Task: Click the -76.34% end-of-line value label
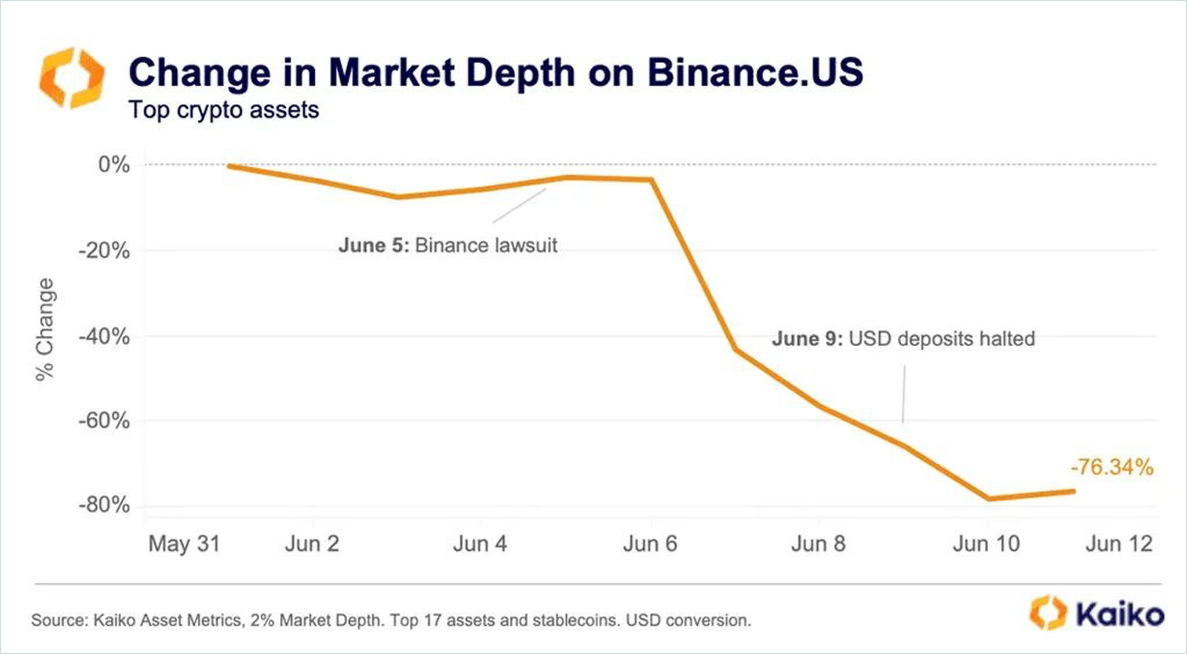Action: click(x=1112, y=467)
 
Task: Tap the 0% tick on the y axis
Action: click(x=114, y=165)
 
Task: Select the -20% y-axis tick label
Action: click(x=105, y=250)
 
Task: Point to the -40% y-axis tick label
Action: click(x=105, y=336)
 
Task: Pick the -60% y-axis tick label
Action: click(x=105, y=420)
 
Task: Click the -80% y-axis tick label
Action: click(x=105, y=505)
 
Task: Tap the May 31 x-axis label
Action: click(x=184, y=544)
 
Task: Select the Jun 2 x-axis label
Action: click(x=312, y=544)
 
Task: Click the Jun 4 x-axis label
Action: click(x=480, y=544)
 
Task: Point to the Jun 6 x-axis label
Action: click(x=650, y=544)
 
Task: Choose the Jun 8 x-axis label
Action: click(x=818, y=544)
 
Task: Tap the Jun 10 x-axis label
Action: click(x=986, y=544)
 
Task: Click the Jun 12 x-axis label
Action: click(x=1119, y=544)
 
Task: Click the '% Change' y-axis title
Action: click(x=45, y=329)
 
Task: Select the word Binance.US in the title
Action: click(x=755, y=73)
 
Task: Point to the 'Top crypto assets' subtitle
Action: click(x=224, y=110)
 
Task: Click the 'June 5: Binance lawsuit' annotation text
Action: click(x=447, y=245)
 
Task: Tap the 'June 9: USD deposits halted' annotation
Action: click(x=903, y=339)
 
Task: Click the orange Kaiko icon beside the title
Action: click(x=71, y=78)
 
